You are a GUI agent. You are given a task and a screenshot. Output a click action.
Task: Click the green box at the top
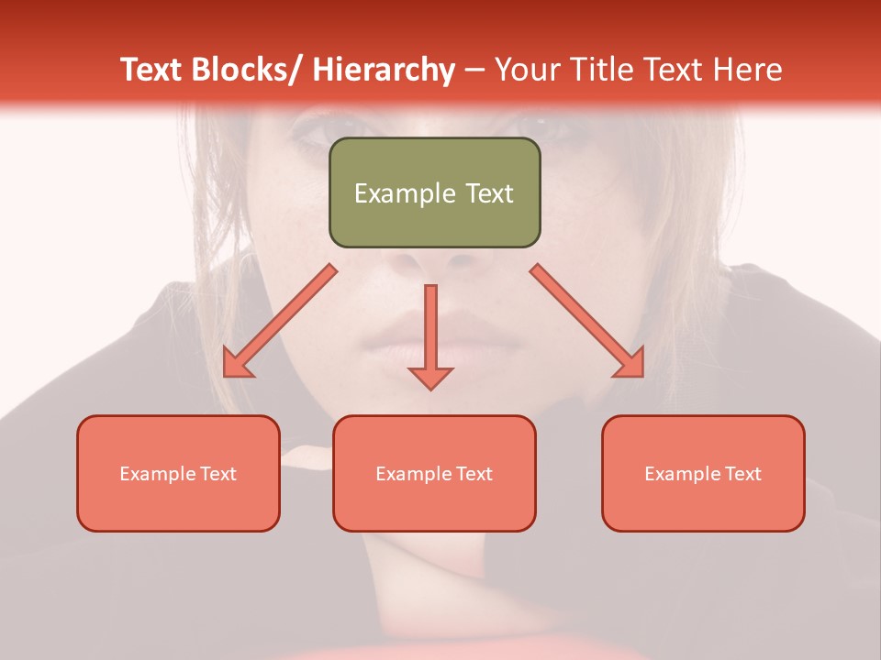[x=434, y=192]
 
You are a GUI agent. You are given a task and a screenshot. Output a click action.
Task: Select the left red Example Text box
[x=178, y=473]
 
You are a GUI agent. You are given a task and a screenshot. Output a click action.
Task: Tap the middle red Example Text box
[x=434, y=473]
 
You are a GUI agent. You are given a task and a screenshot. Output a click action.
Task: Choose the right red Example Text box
[x=703, y=473]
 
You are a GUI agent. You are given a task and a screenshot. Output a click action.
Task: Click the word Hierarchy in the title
[x=383, y=70]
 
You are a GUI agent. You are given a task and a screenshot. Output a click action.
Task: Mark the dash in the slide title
[x=474, y=70]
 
